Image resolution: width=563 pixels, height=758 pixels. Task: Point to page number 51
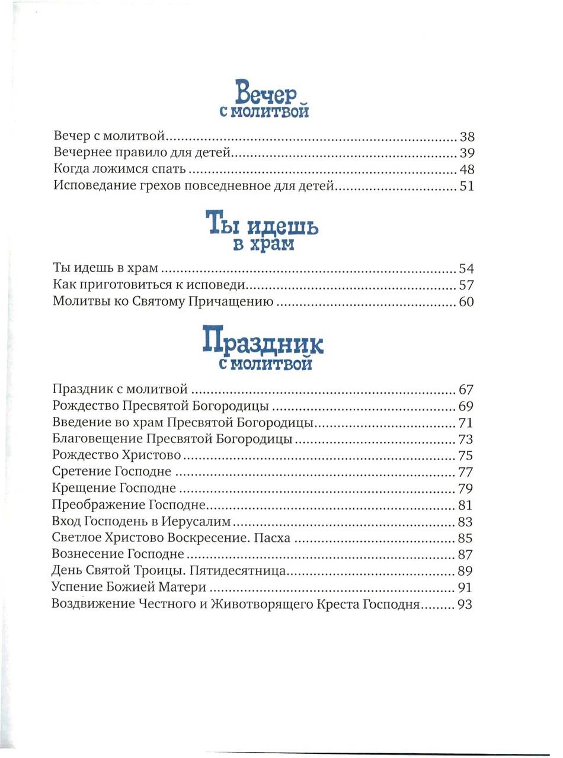[x=467, y=187]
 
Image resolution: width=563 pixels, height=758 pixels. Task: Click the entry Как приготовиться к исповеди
[x=148, y=285]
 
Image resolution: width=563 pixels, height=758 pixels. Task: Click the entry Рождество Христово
[x=116, y=456]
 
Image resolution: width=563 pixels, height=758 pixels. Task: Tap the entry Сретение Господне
[x=111, y=473]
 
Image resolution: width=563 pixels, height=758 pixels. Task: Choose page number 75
[x=467, y=456]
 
